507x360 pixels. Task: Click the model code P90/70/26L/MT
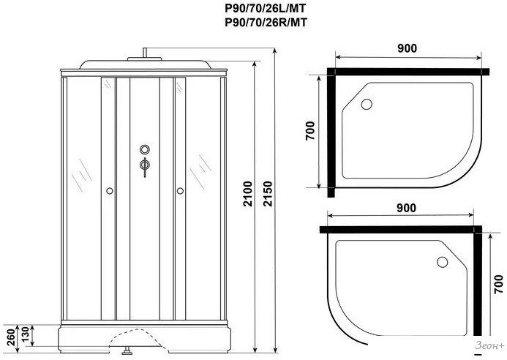click(x=266, y=8)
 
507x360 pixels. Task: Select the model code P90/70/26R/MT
click(x=266, y=23)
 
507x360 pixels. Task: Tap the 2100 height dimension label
click(x=248, y=194)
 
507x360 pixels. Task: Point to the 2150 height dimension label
click(x=268, y=194)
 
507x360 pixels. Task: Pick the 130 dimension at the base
click(x=25, y=336)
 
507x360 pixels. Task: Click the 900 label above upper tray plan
click(x=407, y=48)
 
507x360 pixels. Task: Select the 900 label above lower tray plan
click(x=406, y=208)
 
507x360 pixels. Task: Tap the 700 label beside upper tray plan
click(x=309, y=131)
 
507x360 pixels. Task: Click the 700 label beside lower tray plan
click(x=499, y=284)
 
